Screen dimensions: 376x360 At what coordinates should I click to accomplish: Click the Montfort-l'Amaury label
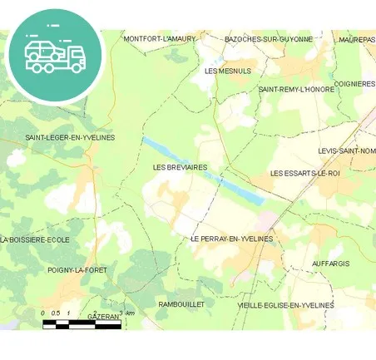(x=159, y=39)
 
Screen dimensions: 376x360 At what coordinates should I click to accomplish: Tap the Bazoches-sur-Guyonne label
(x=269, y=39)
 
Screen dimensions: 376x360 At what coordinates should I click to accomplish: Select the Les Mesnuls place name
(x=227, y=71)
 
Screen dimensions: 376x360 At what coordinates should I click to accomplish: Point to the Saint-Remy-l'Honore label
(x=296, y=89)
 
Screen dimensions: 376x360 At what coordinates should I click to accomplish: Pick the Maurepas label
(x=357, y=39)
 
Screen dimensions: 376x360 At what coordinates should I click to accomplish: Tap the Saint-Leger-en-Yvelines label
(x=70, y=137)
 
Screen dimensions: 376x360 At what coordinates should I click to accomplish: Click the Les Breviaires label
(x=181, y=167)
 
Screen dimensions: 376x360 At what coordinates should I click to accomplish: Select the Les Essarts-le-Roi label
(x=305, y=173)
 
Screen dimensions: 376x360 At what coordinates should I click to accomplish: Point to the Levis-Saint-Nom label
(x=347, y=150)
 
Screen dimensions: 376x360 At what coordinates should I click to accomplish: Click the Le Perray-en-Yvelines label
(x=231, y=239)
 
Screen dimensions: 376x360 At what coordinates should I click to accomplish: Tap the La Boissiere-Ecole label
(x=35, y=239)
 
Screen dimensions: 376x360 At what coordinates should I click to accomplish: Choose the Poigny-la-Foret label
(x=77, y=270)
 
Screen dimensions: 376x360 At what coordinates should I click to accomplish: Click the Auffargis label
(x=330, y=264)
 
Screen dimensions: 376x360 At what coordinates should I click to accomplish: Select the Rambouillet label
(x=181, y=305)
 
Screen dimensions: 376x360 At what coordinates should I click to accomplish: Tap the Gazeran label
(x=103, y=317)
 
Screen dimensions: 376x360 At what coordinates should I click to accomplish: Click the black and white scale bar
(x=82, y=324)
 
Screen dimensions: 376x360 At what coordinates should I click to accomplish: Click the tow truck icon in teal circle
(x=55, y=55)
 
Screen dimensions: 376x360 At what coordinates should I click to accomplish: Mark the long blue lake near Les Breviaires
(x=204, y=170)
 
